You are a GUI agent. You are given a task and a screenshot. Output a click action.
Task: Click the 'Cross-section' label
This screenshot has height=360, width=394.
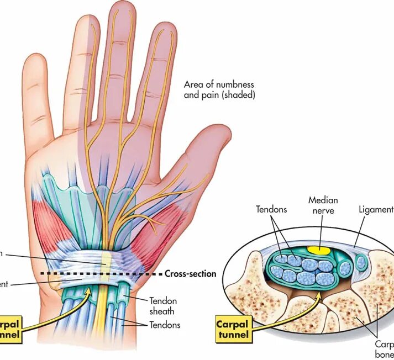coord(190,273)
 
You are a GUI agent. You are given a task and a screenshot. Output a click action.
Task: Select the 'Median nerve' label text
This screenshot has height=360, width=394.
coord(323,205)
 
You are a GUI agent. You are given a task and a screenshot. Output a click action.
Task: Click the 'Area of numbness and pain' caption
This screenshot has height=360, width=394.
coord(219,89)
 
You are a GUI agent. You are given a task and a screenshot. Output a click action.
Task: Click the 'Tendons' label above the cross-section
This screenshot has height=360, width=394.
coord(271,210)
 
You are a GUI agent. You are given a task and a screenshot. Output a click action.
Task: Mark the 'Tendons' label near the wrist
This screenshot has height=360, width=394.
coord(165,325)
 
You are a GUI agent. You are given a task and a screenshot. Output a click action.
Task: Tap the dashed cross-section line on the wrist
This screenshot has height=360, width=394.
coord(99,273)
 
